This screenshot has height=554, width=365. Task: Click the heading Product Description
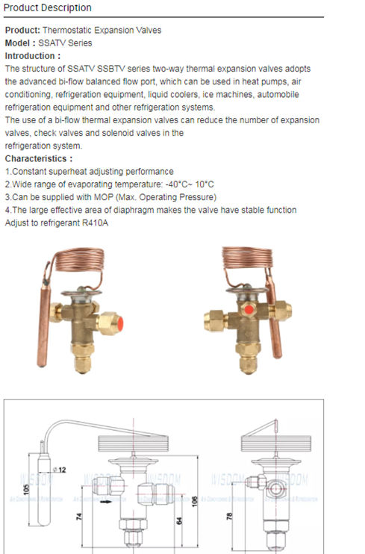(49, 8)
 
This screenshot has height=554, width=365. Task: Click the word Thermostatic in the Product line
(68, 31)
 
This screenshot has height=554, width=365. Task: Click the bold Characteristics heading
(39, 159)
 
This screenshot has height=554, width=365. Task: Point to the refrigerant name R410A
(93, 223)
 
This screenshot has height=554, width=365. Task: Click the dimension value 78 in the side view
(231, 517)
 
